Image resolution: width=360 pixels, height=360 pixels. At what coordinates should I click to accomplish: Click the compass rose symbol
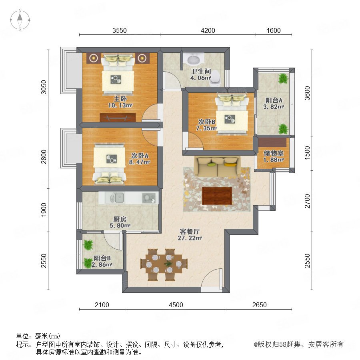[x=20, y=20]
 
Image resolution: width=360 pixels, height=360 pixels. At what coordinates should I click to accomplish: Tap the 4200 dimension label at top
[x=208, y=30]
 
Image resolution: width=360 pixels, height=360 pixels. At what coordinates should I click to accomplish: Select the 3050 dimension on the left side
[x=43, y=87]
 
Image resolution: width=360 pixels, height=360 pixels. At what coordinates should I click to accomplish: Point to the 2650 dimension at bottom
[x=260, y=305]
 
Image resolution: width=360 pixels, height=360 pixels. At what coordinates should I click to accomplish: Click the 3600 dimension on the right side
[x=307, y=93]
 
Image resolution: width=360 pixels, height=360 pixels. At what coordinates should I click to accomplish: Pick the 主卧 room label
[x=120, y=99]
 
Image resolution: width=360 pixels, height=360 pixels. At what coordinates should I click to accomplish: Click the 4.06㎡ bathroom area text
[x=201, y=78]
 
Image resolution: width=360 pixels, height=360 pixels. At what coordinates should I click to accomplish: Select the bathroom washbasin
[x=194, y=59]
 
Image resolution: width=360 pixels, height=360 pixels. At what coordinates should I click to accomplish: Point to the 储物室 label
[x=274, y=153]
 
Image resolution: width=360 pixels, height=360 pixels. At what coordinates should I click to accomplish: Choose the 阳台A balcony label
[x=274, y=100]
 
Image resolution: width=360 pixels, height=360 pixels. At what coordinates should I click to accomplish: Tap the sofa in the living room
[x=217, y=166]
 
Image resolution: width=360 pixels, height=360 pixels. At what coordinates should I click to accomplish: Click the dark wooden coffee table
[x=217, y=196]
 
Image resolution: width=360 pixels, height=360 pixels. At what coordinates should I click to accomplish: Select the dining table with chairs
[x=164, y=264]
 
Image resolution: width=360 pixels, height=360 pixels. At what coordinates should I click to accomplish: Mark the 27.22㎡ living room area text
[x=190, y=238]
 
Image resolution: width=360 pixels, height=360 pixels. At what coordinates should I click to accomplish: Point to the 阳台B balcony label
[x=102, y=258]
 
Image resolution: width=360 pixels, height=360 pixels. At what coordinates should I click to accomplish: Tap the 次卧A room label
[x=140, y=156]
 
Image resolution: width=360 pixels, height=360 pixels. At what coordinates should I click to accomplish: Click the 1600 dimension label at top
[x=274, y=30]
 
